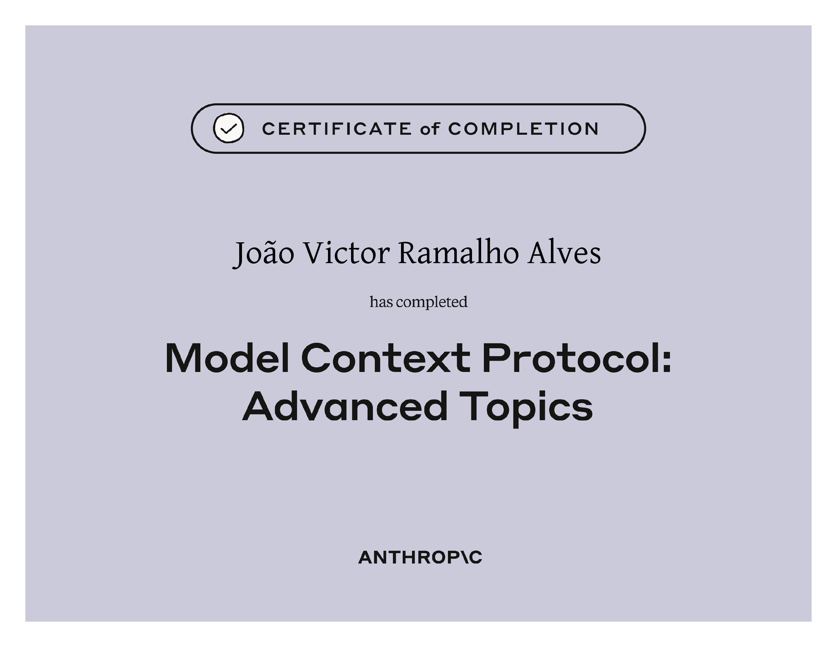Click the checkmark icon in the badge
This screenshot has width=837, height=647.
coord(229,128)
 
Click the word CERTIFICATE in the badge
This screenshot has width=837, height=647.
coord(337,129)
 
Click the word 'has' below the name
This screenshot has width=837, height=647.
coord(381,302)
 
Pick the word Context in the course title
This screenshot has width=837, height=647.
coord(386,358)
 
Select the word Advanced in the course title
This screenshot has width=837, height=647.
coord(345,406)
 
